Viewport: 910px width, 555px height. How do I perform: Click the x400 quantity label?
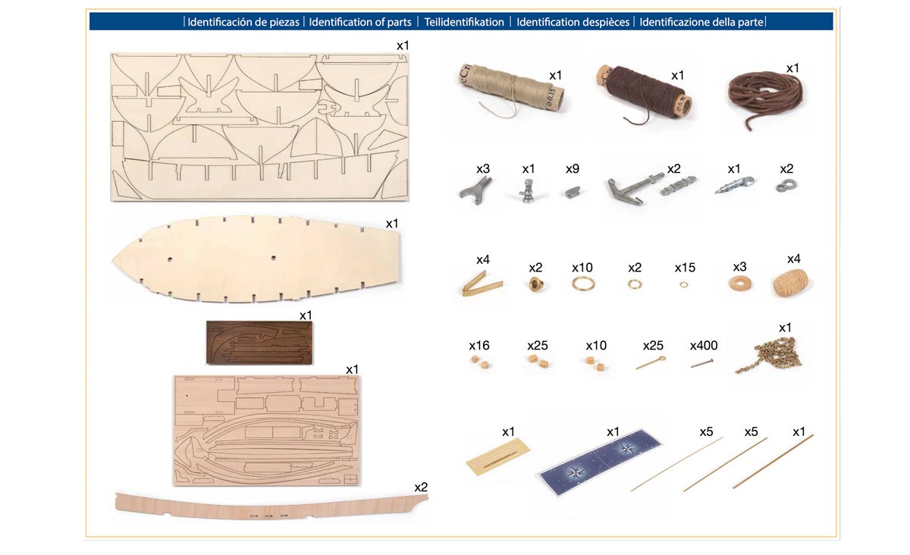click(x=704, y=346)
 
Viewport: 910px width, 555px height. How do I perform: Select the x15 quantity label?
click(x=685, y=268)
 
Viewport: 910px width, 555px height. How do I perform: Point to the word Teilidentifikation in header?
click(x=464, y=22)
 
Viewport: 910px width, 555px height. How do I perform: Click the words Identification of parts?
click(x=360, y=22)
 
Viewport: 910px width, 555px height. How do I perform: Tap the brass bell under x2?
click(x=536, y=286)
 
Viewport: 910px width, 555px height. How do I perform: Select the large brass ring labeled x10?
click(x=582, y=284)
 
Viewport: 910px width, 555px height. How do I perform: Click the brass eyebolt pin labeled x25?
click(x=651, y=363)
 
